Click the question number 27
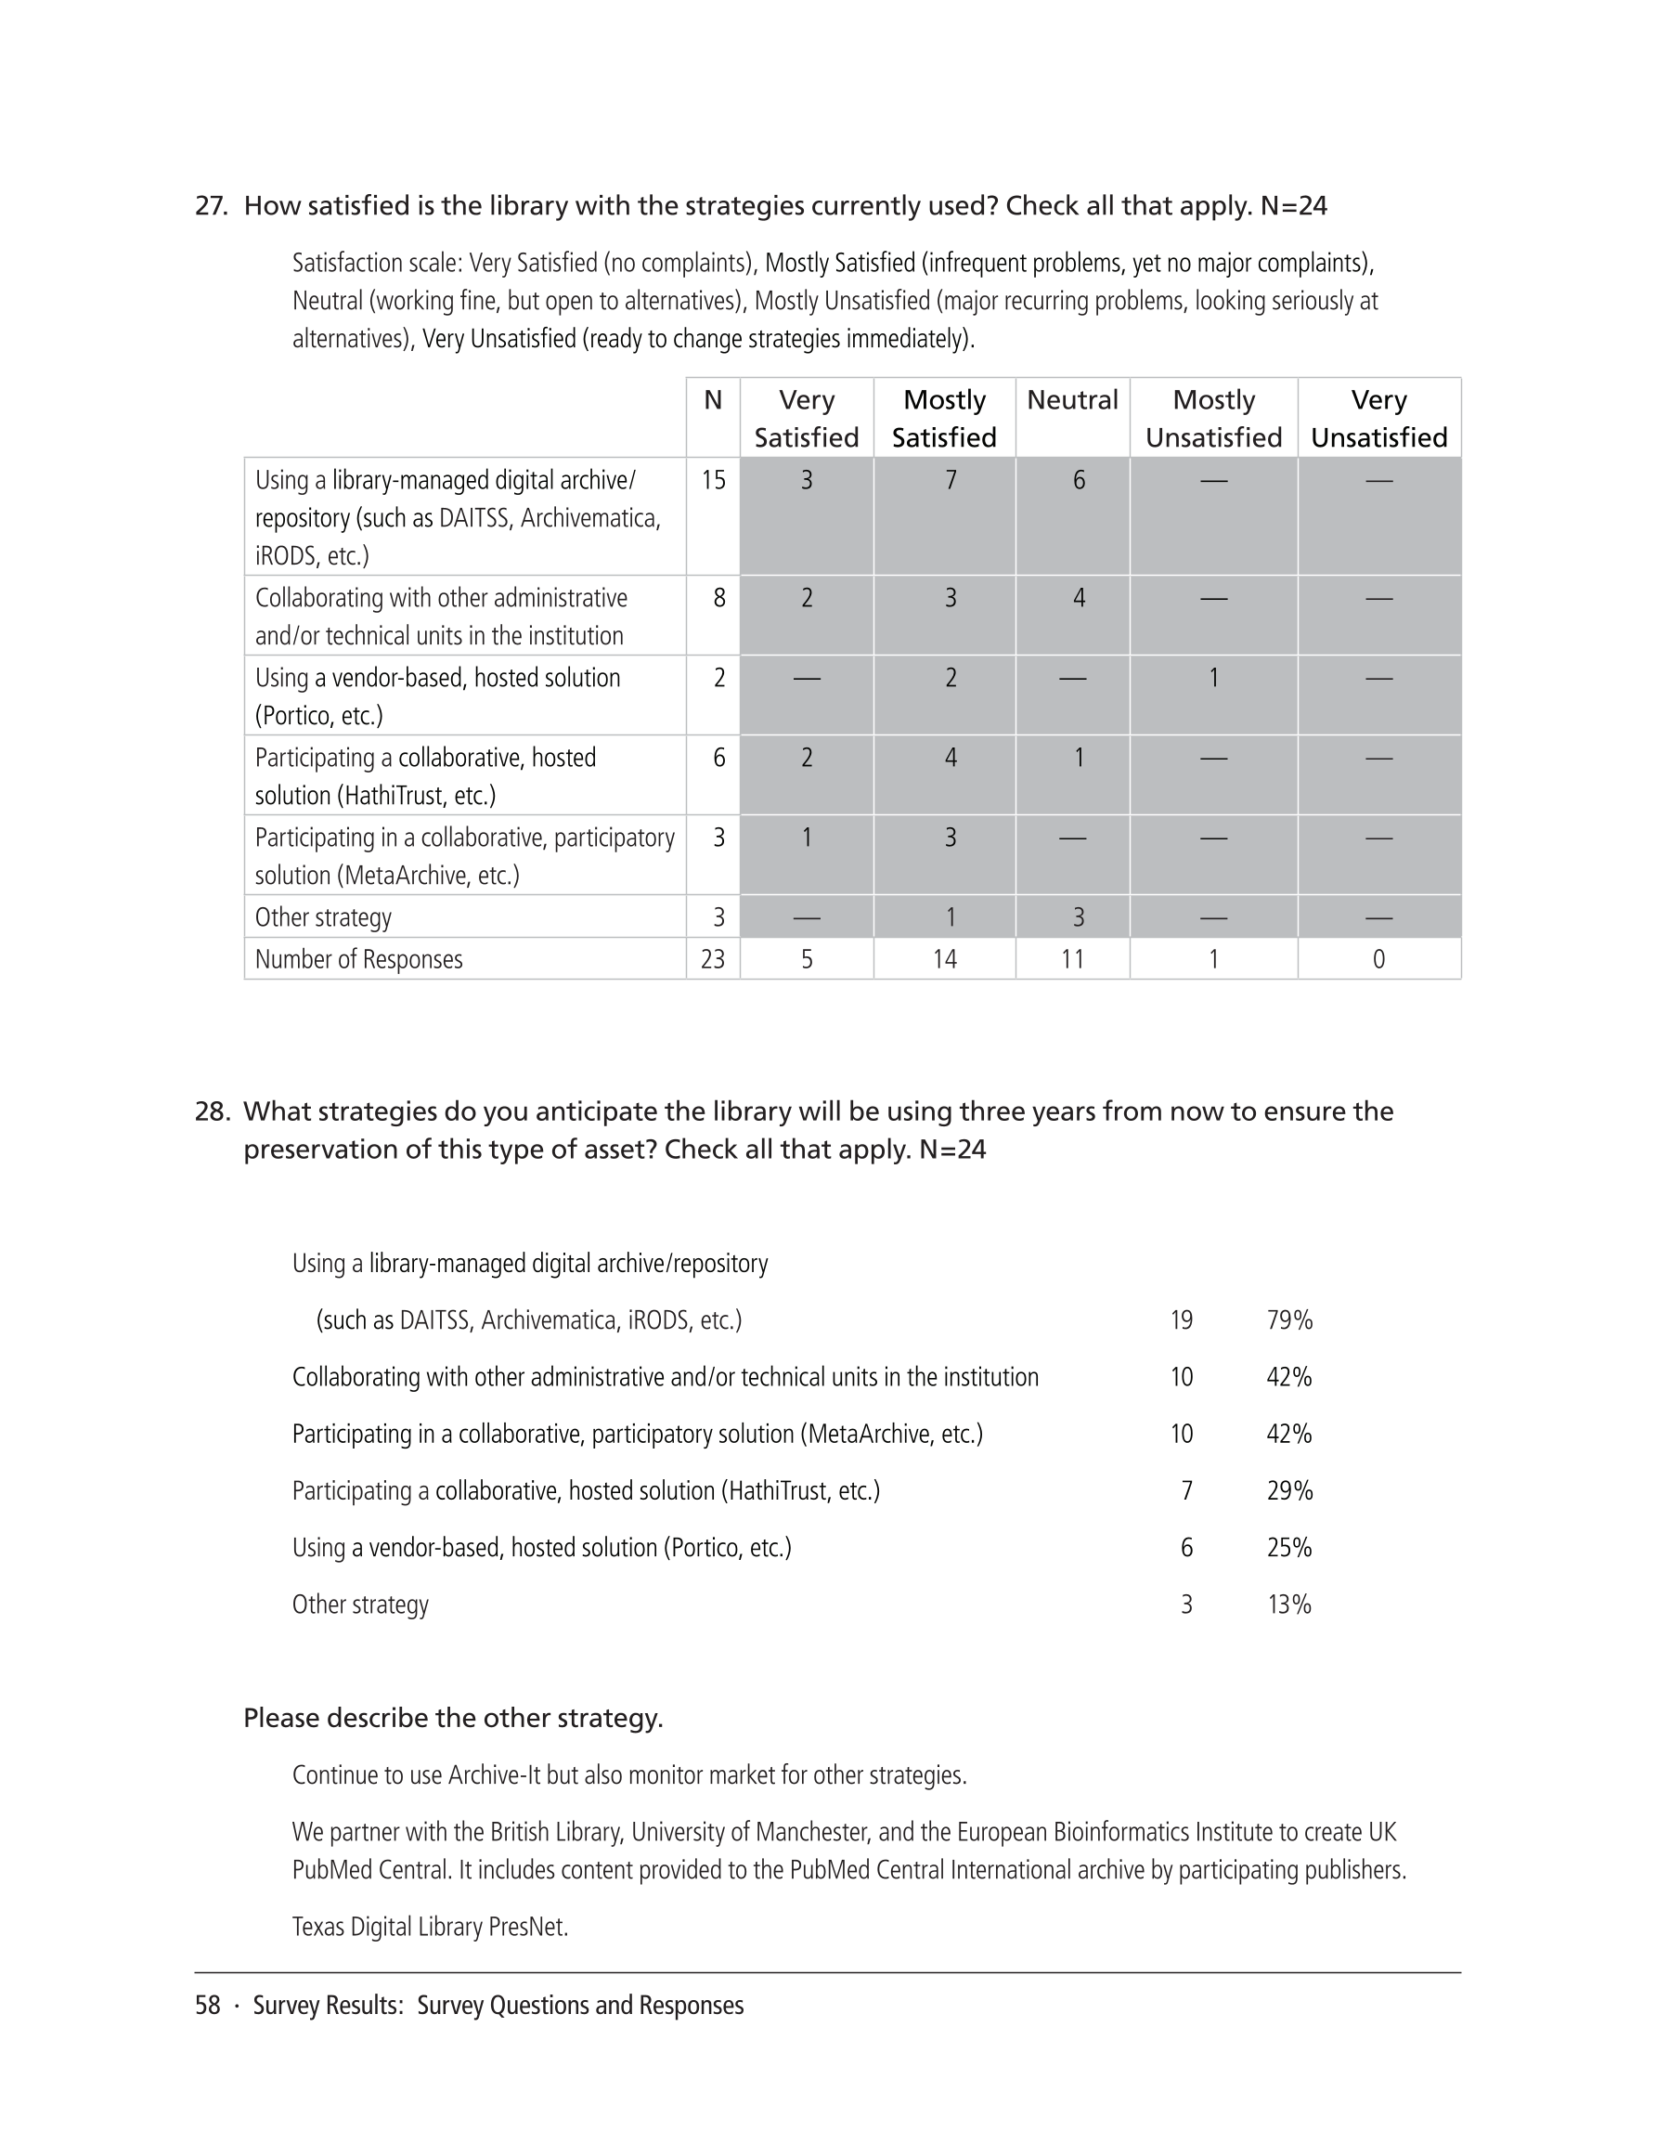[x=211, y=206]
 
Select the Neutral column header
[x=1072, y=400]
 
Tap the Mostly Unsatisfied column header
[x=1213, y=418]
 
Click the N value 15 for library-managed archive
[x=714, y=480]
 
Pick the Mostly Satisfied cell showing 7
[x=950, y=480]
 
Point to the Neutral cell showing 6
[x=1078, y=480]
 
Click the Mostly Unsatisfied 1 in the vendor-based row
[x=1213, y=677]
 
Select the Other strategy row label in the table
[x=323, y=916]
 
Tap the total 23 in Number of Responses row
[x=714, y=959]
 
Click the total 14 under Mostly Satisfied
[x=944, y=959]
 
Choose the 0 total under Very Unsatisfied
[x=1378, y=959]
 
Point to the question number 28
[x=212, y=1111]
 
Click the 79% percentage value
[x=1288, y=1320]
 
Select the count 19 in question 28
[x=1181, y=1320]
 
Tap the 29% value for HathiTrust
[x=1288, y=1491]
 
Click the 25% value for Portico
[x=1288, y=1548]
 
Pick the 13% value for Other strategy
[x=1288, y=1605]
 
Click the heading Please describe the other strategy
[x=453, y=1718]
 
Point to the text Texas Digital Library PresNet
[x=430, y=1927]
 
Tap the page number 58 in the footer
[x=207, y=2006]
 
